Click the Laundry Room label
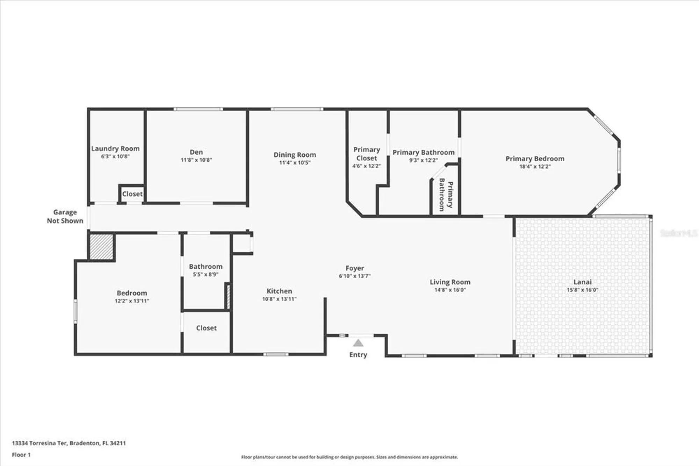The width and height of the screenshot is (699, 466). pos(115,149)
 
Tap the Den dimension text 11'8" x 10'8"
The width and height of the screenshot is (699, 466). pos(196,160)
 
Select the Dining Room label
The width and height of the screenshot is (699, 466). pos(295,155)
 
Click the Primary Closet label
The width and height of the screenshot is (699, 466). pos(366,154)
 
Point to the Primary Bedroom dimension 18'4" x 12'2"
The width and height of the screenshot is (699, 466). pos(535,167)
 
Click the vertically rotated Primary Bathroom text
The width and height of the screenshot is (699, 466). pos(446,195)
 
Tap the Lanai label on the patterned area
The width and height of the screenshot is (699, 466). pos(582,282)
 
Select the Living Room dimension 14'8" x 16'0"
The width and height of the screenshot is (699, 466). pos(450,290)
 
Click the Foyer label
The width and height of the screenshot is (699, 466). pos(355,268)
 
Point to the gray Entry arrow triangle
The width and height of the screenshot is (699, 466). pos(358,343)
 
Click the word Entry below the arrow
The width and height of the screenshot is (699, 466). pos(358,354)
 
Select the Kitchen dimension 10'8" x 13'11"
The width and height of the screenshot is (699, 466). pos(279,299)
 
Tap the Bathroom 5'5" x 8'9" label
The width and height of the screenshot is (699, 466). pos(206,267)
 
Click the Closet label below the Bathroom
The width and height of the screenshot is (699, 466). pos(206,328)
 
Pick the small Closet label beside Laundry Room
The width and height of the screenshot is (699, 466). pos(132,194)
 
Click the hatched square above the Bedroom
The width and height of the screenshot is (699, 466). pos(101,247)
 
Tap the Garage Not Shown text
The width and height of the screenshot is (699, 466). pos(65,216)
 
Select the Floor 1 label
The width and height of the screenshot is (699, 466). pos(21,454)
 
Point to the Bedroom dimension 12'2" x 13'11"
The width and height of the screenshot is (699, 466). pos(132,301)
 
